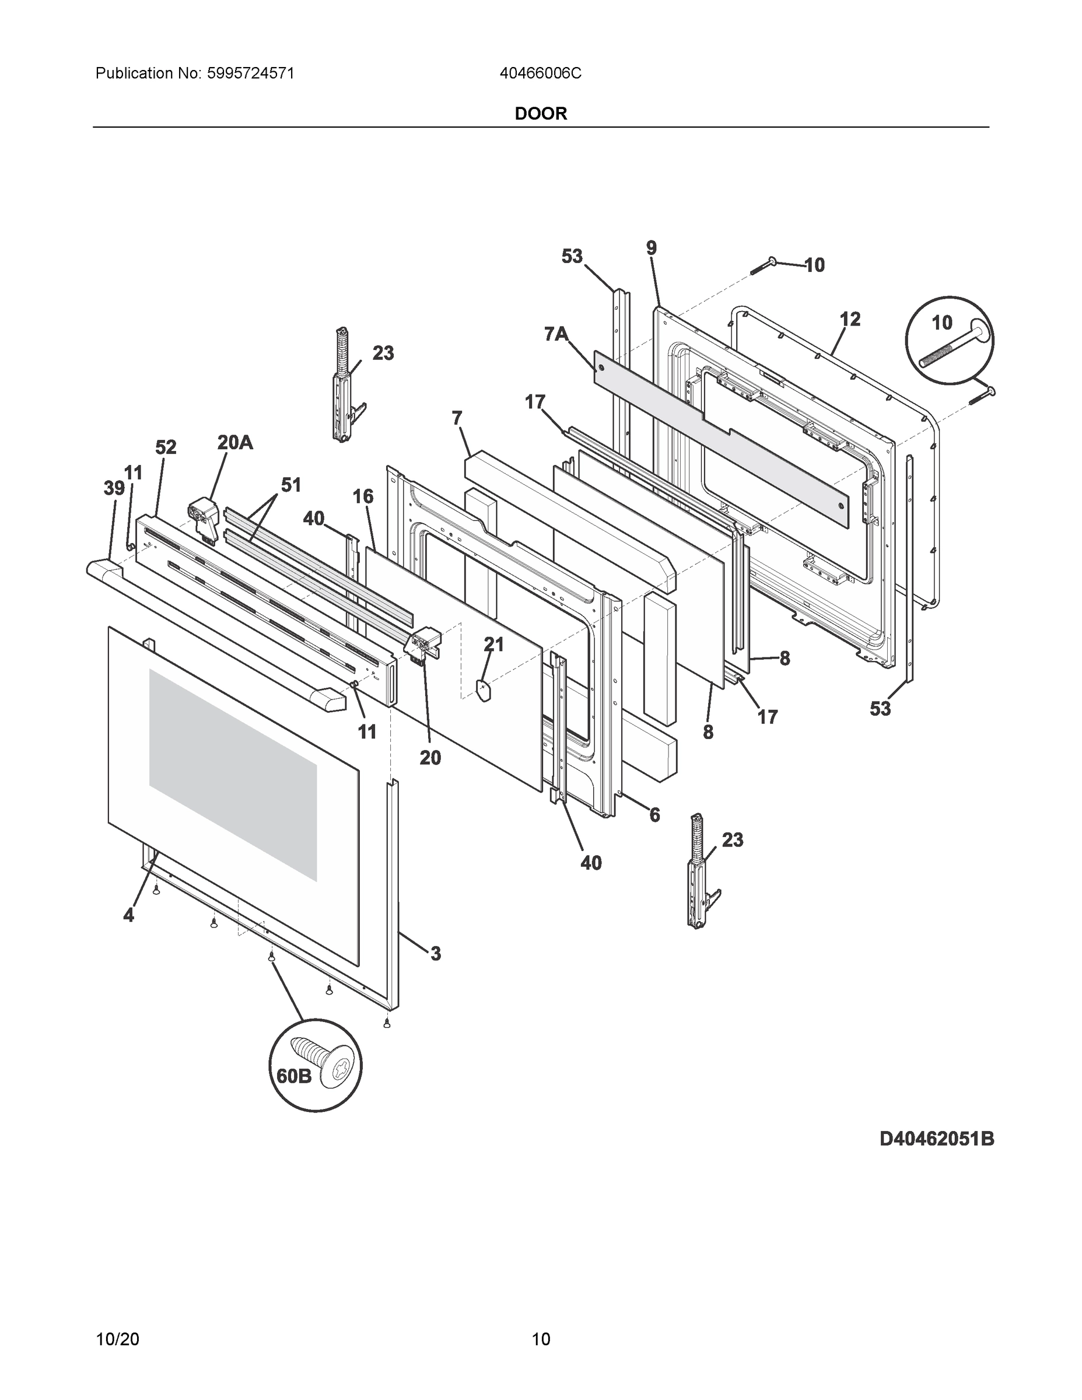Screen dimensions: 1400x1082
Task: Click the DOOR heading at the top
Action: (x=540, y=114)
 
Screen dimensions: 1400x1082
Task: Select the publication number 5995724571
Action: (x=250, y=73)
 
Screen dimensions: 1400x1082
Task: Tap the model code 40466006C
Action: (x=540, y=73)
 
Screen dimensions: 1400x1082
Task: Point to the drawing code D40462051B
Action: (x=937, y=1139)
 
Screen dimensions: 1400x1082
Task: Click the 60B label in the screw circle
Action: (x=293, y=1076)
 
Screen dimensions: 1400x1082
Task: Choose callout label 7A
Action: (x=556, y=334)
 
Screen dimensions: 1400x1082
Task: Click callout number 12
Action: (x=850, y=318)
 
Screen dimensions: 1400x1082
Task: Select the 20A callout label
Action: (x=234, y=442)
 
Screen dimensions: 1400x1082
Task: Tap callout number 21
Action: (x=493, y=643)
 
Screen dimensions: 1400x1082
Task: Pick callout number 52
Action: (x=166, y=447)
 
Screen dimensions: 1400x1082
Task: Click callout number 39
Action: (x=114, y=488)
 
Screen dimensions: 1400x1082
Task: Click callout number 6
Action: (x=654, y=815)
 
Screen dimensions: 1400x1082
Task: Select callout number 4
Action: (x=129, y=915)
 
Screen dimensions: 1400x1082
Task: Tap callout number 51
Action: (x=291, y=485)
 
